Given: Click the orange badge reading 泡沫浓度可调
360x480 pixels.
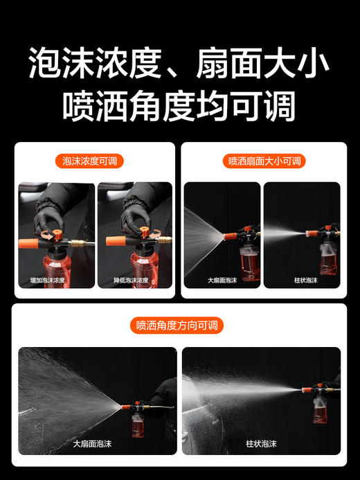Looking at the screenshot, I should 89,161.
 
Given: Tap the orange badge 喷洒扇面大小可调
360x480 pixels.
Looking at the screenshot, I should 264,161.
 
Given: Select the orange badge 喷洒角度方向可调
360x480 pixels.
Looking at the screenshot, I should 180,325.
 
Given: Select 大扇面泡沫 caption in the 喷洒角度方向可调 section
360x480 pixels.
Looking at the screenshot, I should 98,443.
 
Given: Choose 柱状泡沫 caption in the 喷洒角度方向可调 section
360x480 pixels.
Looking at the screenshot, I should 261,443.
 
